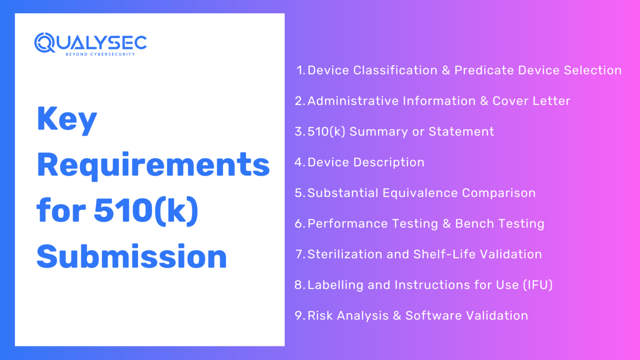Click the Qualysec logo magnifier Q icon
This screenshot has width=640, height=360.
tap(45, 43)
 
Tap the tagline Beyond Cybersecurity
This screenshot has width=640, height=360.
tap(100, 54)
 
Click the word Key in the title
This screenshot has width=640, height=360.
tap(67, 119)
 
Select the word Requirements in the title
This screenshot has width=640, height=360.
tap(153, 165)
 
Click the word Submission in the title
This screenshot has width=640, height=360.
tap(132, 257)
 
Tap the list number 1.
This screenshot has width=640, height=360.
tap(300, 70)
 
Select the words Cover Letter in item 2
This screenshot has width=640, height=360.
tap(531, 101)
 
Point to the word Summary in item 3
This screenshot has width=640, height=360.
tap(378, 132)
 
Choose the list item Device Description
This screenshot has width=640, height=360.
tap(366, 162)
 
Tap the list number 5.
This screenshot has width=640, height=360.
tap(299, 193)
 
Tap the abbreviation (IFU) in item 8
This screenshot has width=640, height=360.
tap(538, 285)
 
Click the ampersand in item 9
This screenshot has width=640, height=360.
tap(397, 316)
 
